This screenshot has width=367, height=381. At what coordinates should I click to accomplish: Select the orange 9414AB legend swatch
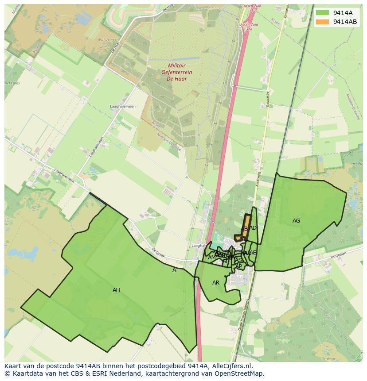tap(323, 22)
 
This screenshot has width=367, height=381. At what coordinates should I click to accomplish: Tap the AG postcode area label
tap(296, 220)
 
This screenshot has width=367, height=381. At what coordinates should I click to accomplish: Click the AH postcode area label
tap(116, 290)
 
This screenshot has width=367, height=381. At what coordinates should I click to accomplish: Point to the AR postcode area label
tap(216, 283)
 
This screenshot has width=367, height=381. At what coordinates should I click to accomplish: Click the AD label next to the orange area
tap(253, 228)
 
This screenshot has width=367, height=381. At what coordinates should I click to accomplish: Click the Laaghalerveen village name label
tap(123, 107)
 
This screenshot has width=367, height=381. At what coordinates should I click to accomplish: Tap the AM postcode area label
tap(211, 258)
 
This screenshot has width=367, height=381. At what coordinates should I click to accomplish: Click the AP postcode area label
tap(238, 266)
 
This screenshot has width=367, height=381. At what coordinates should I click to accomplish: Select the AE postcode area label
tap(253, 253)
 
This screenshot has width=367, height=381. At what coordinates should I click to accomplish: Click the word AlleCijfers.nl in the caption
tap(232, 366)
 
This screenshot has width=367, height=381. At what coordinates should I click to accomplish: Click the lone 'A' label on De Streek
tap(174, 269)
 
